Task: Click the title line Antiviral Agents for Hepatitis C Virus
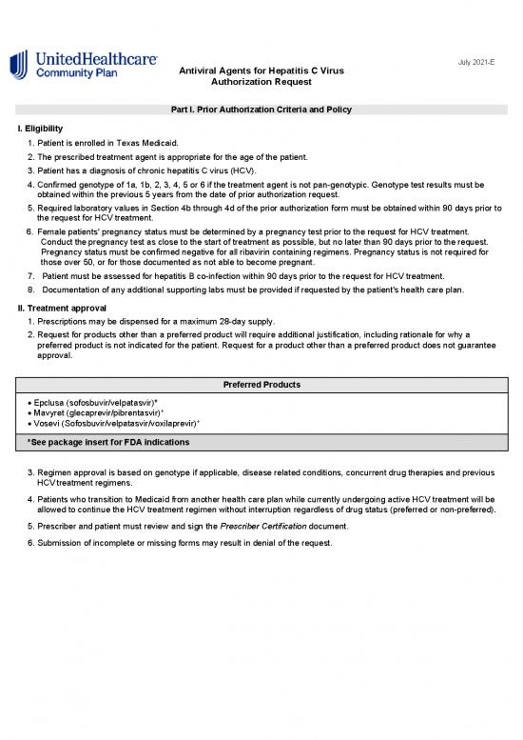click(x=261, y=71)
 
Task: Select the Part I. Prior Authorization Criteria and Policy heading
click(x=261, y=110)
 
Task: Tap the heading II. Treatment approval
click(x=70, y=309)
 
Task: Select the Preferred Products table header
click(x=261, y=385)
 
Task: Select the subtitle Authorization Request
click(x=261, y=84)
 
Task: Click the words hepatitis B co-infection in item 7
click(x=195, y=276)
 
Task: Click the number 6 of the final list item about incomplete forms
click(x=29, y=542)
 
